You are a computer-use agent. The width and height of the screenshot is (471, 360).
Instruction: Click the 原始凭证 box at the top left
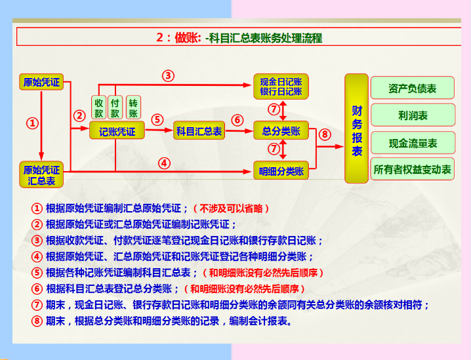click(41, 83)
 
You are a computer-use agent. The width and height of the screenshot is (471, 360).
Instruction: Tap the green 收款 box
click(99, 108)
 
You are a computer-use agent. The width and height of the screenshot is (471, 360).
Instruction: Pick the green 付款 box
click(116, 108)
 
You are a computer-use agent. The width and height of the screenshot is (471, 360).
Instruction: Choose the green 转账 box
click(134, 108)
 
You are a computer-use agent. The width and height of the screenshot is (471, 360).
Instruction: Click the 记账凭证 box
click(117, 131)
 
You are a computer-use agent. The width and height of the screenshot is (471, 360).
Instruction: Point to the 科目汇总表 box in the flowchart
click(199, 131)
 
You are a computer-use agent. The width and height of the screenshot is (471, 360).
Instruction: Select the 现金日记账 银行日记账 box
click(281, 87)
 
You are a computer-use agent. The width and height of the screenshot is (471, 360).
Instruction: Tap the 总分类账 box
click(281, 131)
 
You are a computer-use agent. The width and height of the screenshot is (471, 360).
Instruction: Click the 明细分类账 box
click(281, 172)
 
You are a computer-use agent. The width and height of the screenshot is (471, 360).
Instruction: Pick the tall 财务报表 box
click(357, 129)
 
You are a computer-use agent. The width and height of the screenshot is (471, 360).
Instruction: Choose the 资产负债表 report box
click(413, 89)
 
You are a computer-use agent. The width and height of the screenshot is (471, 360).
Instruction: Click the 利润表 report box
click(413, 115)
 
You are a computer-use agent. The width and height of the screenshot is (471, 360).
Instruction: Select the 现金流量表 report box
click(413, 143)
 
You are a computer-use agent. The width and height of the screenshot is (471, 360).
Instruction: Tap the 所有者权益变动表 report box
click(413, 170)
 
